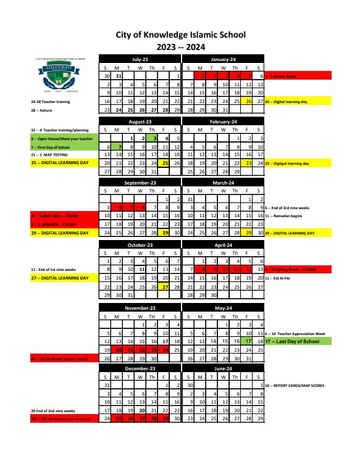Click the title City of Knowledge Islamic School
(180, 35)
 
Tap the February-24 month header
(223, 122)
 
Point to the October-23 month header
(140, 244)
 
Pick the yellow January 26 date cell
(248, 101)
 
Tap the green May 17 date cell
(248, 341)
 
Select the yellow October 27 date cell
(165, 287)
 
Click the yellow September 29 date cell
(165, 233)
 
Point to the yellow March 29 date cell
(248, 233)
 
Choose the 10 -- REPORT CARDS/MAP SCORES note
(296, 385)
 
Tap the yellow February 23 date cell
(248, 164)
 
